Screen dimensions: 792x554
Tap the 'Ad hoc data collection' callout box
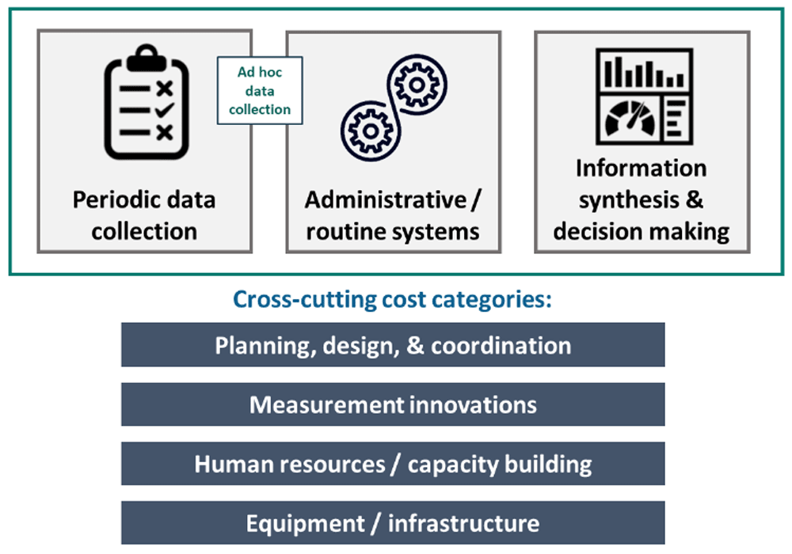coord(260,90)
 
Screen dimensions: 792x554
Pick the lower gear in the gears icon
coord(371,131)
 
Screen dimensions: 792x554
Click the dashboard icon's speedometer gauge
coord(630,118)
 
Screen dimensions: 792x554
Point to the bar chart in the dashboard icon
coord(644,72)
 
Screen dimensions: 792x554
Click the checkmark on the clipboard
coord(165,109)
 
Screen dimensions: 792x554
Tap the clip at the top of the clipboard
coord(147,58)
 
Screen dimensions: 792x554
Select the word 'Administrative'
coord(386,199)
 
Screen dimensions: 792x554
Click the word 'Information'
coord(641,168)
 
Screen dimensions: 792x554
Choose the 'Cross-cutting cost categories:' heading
coord(393,299)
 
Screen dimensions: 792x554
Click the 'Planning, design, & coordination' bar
coord(393,344)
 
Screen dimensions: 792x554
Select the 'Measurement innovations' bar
coord(393,404)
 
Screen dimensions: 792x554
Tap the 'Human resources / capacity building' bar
coord(393,464)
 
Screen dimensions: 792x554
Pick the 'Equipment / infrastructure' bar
coord(393,522)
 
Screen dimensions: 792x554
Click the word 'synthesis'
coord(629,200)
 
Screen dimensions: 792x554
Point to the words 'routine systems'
coord(393,232)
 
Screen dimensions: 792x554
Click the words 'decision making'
coord(641,232)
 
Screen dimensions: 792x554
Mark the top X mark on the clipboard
coord(165,89)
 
